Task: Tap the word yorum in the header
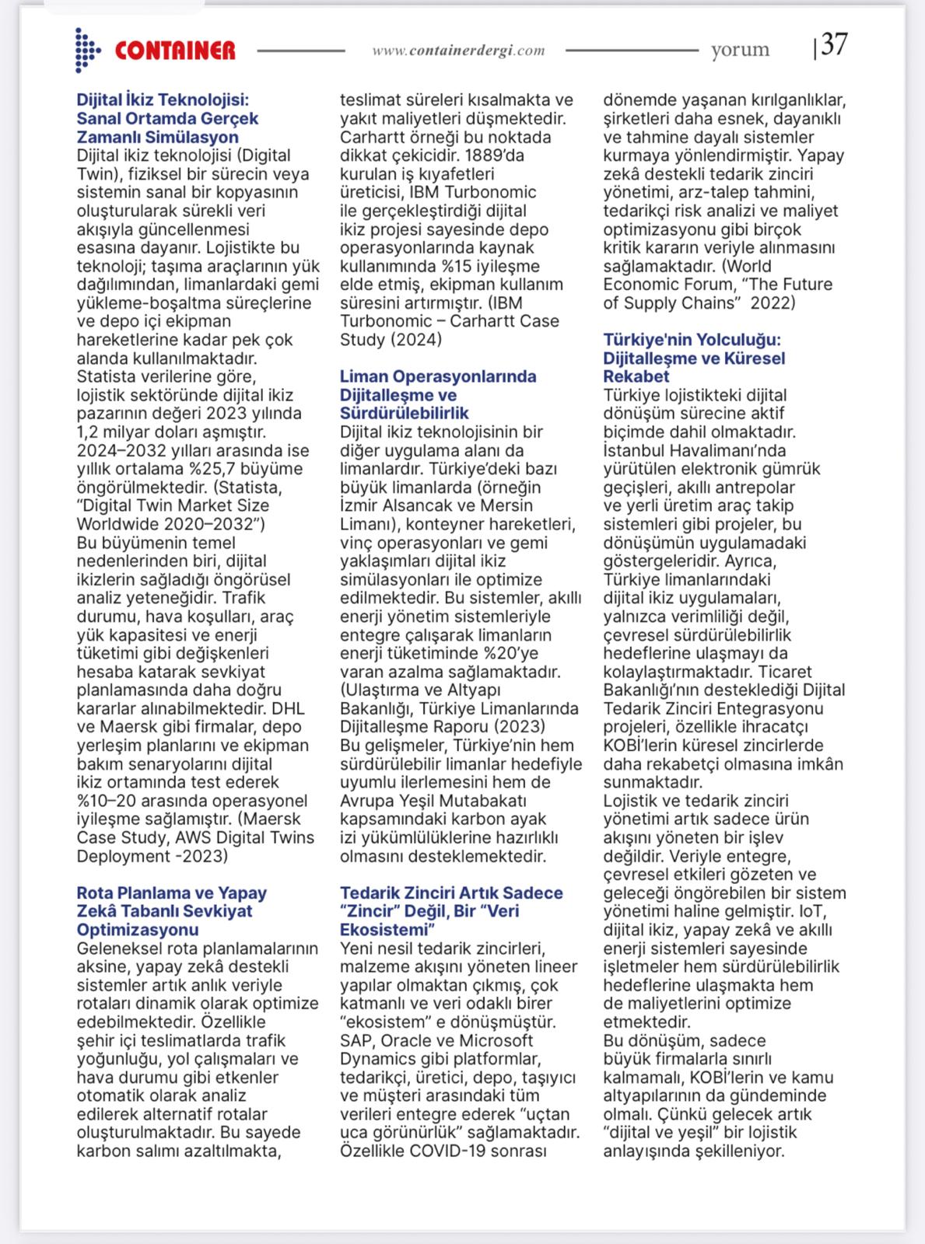click(740, 50)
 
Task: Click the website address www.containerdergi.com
click(458, 51)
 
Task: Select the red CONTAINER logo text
click(175, 51)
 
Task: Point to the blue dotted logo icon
click(86, 51)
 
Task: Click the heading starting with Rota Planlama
click(171, 910)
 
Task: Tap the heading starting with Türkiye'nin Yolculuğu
click(694, 358)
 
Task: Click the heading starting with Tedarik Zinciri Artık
click(451, 910)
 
